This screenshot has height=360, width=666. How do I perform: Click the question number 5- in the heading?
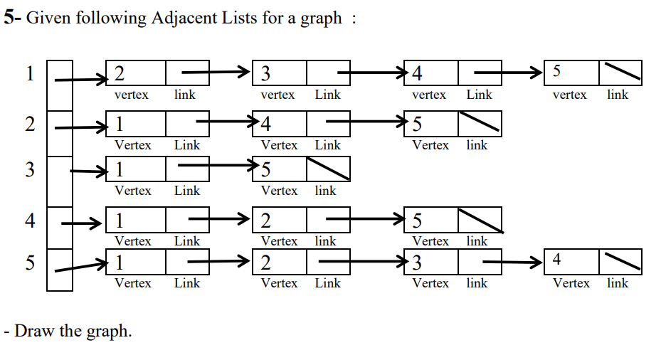click(13, 18)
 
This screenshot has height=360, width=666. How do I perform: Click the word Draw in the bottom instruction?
click(31, 331)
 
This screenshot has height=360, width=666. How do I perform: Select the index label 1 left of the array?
click(29, 73)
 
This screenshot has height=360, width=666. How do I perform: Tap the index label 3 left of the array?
click(29, 170)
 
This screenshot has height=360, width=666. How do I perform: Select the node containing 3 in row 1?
click(279, 73)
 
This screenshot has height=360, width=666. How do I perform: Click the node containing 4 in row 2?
click(279, 124)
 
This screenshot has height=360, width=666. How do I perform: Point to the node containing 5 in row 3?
click(279, 169)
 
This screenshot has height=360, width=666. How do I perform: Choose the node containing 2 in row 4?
click(279, 220)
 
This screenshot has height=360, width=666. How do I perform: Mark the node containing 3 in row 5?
click(430, 262)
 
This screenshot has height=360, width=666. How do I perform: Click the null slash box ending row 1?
click(620, 73)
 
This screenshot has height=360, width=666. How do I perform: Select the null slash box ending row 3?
click(328, 169)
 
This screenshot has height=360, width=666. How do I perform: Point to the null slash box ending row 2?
click(480, 124)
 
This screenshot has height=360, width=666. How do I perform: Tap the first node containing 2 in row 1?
click(135, 73)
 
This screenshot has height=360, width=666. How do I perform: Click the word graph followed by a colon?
click(321, 18)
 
